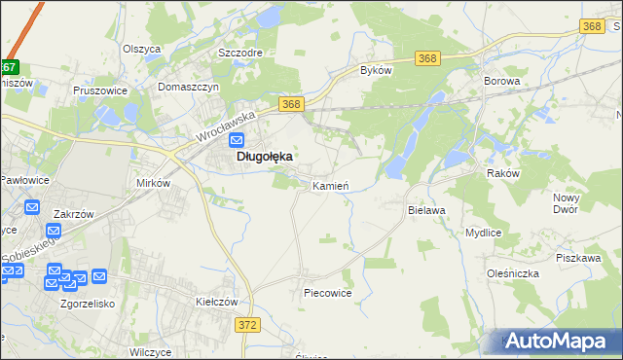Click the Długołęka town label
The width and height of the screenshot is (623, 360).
(x=263, y=156)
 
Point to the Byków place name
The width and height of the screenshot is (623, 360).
(x=376, y=71)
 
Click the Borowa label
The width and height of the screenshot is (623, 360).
(x=502, y=82)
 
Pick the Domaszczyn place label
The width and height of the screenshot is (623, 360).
(x=191, y=86)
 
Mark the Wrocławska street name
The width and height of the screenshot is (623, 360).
(x=224, y=126)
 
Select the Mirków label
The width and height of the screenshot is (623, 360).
(x=153, y=183)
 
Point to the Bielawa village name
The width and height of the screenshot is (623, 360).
(x=425, y=209)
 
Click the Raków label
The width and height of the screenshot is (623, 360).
(x=504, y=172)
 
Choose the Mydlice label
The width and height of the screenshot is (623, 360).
(x=483, y=234)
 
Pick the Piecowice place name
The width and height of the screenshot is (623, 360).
(x=327, y=292)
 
